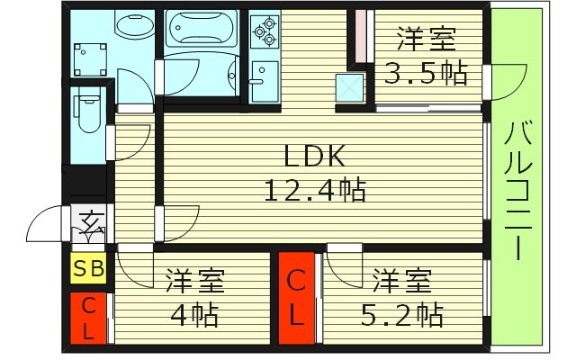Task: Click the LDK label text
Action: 314,157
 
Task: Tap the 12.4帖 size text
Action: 314,190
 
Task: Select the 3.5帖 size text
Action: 426,73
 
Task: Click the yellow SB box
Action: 89,267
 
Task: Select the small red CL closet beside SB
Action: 89,318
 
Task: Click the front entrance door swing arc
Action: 47,227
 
